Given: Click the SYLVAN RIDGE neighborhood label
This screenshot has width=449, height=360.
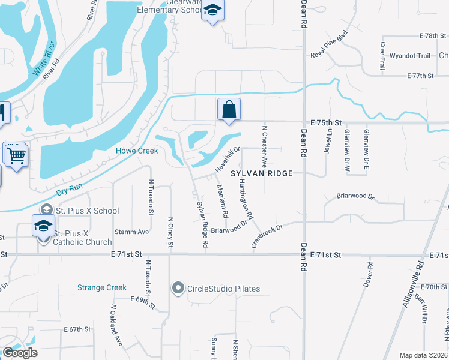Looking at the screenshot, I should pos(262,173).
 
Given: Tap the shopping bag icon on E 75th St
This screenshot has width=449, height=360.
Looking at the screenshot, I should pos(229,110).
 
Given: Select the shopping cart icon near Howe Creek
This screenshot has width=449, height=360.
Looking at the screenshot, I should pos(16,155).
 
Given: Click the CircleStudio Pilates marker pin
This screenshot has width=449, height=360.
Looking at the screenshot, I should pos(178,289).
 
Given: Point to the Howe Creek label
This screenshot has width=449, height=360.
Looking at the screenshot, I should pos(137,151).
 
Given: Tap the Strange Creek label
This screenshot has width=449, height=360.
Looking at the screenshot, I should pos(102,287).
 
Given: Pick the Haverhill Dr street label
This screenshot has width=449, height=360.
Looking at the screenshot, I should pos(229,158).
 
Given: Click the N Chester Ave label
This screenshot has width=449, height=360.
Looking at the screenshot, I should pos(263,147).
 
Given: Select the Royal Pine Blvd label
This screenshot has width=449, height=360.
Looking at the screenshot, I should pos(329,46).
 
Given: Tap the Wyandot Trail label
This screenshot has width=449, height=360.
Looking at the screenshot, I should pos(410,56).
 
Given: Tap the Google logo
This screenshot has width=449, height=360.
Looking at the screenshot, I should pos(20,353).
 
